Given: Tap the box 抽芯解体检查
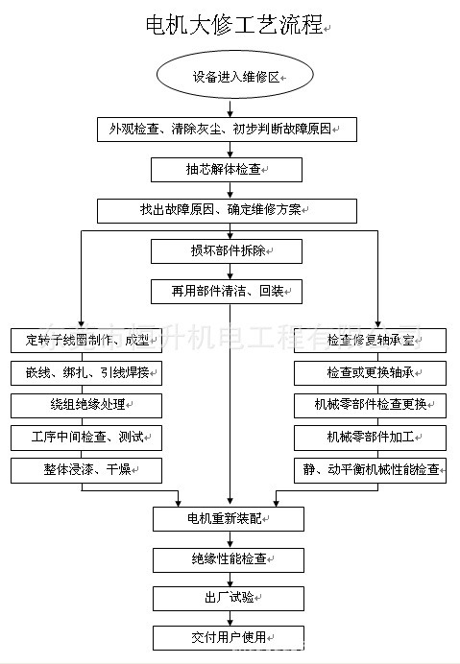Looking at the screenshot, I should (x=227, y=169).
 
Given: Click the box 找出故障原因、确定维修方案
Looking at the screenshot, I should (x=227, y=210).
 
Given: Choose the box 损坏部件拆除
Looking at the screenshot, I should (x=227, y=251).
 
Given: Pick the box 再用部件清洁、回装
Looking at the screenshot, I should (x=227, y=290).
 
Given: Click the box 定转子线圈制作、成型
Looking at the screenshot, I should (x=86, y=340).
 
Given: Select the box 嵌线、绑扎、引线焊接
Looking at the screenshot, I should (x=86, y=372).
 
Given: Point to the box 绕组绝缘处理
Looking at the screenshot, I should (x=86, y=405).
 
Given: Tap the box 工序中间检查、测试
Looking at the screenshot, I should (x=86, y=438).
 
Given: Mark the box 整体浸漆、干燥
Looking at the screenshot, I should (x=86, y=470).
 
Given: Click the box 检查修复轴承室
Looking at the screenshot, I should (x=370, y=340).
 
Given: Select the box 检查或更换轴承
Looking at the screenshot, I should (x=370, y=372).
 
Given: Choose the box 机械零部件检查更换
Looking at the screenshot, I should (x=370, y=405).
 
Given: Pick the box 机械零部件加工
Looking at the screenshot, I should (x=370, y=438).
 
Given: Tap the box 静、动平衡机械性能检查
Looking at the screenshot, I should (x=370, y=470).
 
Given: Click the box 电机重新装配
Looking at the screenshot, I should (x=229, y=519).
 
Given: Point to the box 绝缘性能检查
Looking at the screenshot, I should (x=229, y=558).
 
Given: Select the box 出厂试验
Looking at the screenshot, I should (x=229, y=598).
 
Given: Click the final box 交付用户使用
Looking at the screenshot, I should (x=229, y=637).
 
